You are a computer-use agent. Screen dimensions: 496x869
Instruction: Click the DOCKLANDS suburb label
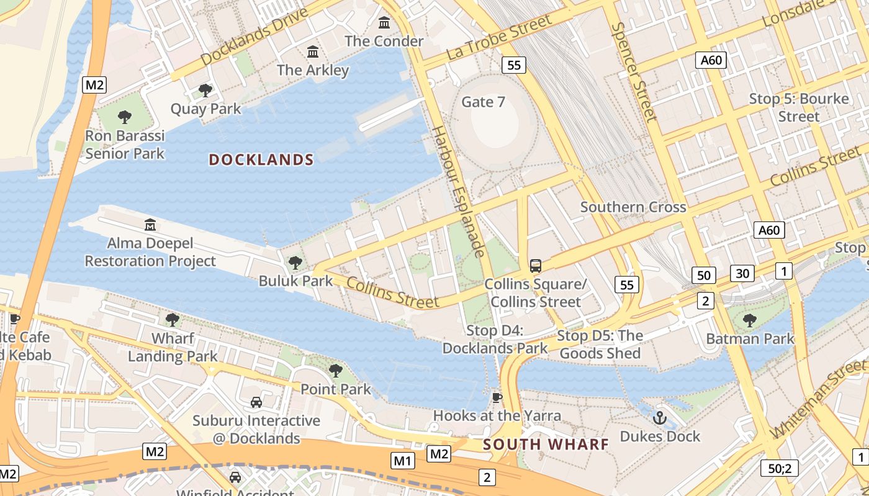[x=261, y=160]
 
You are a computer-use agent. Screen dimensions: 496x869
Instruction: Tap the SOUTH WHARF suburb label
[x=546, y=445]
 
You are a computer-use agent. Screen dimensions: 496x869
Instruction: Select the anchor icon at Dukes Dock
[x=660, y=418]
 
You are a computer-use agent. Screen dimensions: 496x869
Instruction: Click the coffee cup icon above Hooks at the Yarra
[x=497, y=397]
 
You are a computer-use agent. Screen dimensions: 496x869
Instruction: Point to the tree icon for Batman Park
[x=750, y=321]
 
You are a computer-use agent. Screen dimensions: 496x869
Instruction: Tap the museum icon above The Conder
[x=384, y=23]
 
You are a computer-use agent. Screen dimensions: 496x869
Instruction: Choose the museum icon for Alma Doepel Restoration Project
[x=150, y=224]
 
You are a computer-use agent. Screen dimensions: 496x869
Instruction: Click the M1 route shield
[x=403, y=461]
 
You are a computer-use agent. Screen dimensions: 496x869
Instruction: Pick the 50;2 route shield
[x=780, y=468]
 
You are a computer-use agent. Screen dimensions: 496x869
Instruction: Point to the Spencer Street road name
[x=633, y=72]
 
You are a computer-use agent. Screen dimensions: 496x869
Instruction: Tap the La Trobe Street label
[x=499, y=38]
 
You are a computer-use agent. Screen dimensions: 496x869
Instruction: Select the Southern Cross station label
[x=633, y=207]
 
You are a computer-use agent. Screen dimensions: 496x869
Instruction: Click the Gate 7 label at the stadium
[x=483, y=102]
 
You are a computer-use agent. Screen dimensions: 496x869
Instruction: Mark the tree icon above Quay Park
[x=205, y=91]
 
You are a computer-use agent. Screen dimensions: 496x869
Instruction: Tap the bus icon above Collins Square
[x=535, y=266]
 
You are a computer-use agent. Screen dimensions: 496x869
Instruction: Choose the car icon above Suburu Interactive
[x=256, y=402]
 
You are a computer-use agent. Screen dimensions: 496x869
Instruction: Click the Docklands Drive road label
[x=254, y=37]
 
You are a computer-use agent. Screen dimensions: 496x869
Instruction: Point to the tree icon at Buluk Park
[x=295, y=263]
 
